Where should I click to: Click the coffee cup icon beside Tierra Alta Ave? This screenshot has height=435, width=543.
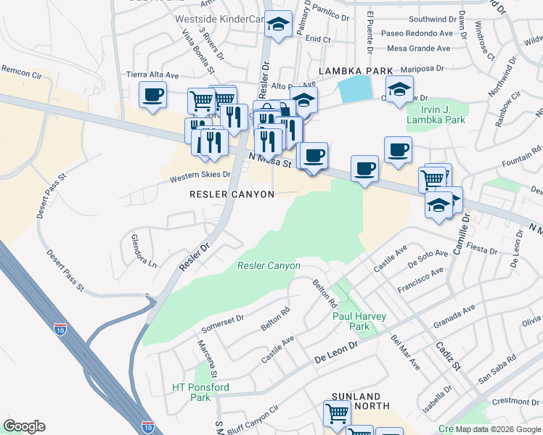pos(153,95)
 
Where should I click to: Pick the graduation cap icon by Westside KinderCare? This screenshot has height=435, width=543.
pos(277,25)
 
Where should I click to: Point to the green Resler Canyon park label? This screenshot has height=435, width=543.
pos(269,266)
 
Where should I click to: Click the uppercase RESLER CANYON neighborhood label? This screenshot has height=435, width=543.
pos(232,194)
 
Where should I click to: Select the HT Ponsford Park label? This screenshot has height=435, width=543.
pos(200,392)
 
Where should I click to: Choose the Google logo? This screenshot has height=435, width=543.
pos(24,426)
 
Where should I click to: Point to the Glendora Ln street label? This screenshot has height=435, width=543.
pos(143,250)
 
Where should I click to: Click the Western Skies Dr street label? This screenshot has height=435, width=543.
pos(200,176)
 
